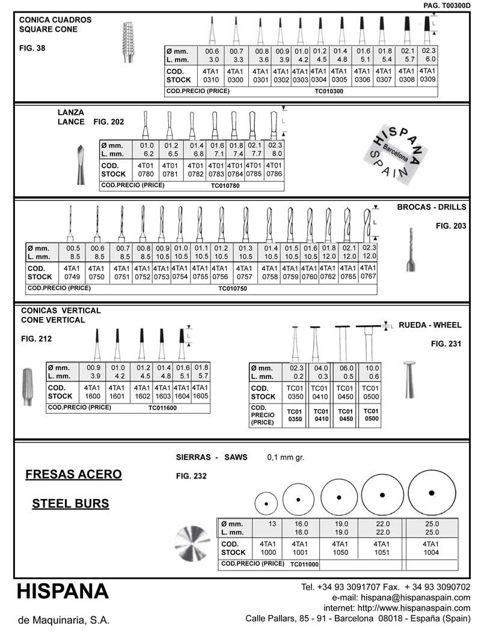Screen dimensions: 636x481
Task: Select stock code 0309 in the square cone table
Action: tap(428, 78)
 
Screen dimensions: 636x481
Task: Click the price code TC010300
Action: tap(328, 92)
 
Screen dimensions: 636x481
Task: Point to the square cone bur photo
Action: tap(128, 41)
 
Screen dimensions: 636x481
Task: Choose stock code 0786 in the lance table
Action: tap(274, 174)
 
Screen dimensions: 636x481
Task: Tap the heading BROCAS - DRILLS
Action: tap(432, 207)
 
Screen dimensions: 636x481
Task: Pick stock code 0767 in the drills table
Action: tap(368, 276)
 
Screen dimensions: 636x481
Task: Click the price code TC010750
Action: tap(232, 288)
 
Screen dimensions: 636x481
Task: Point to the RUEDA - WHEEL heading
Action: tap(430, 325)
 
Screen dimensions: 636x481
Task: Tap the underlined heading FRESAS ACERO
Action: tap(73, 475)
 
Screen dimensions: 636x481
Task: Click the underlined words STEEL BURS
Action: tap(70, 503)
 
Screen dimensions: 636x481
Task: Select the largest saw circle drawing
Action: tap(431, 493)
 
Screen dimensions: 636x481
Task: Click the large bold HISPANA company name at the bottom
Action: tap(63, 592)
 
